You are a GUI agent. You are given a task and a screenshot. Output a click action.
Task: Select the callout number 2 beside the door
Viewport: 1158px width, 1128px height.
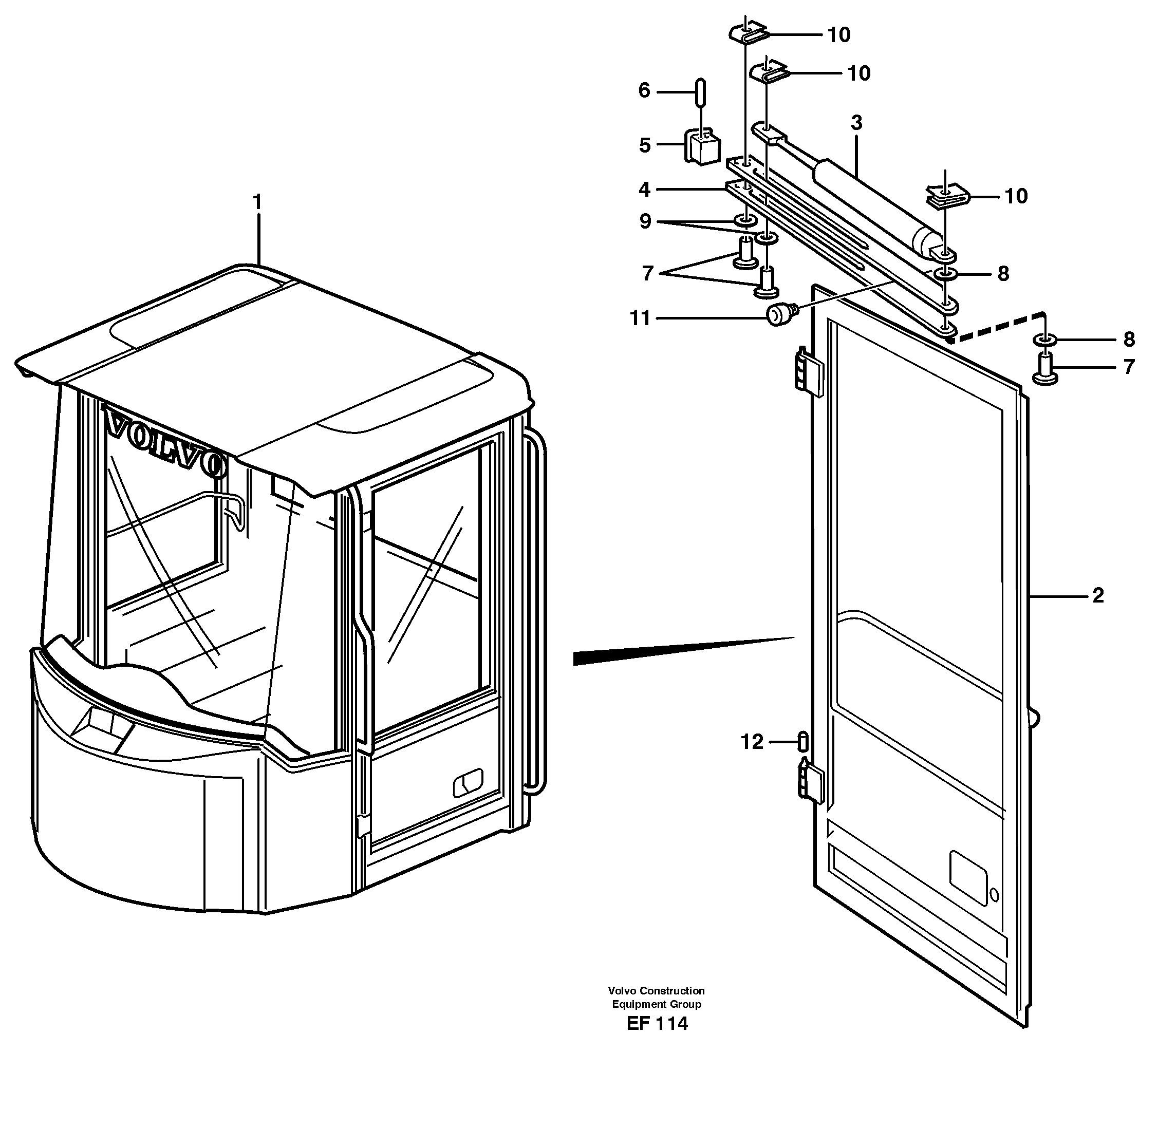(1097, 595)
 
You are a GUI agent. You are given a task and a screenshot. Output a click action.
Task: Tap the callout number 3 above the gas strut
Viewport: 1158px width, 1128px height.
(856, 123)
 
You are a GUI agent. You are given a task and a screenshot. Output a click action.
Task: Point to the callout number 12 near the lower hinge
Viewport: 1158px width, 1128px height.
(752, 742)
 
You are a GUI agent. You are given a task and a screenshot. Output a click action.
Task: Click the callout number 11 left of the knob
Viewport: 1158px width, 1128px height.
(640, 319)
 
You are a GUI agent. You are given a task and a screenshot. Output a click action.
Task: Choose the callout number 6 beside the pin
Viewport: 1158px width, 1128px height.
(644, 90)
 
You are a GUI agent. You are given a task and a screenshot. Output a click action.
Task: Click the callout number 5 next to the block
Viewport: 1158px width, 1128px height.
(645, 145)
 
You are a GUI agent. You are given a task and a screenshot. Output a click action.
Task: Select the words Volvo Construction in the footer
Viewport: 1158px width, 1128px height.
(656, 990)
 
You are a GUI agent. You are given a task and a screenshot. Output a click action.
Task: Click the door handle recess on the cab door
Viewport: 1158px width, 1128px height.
(468, 783)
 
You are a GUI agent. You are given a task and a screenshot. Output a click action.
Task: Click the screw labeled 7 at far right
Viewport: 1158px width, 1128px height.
(1046, 368)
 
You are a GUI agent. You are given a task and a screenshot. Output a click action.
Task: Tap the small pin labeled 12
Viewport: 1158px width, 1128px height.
(804, 741)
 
